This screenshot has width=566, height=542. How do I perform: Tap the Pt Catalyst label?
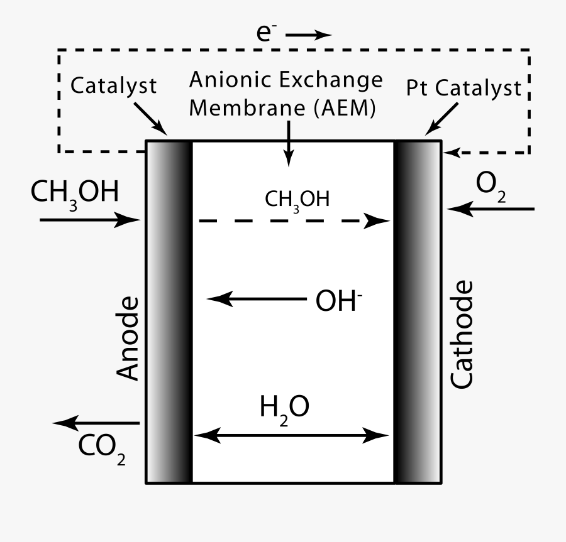coord(463,87)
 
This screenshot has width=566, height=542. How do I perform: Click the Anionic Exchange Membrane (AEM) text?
coord(286,94)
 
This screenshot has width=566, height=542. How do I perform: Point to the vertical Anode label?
coord(128,339)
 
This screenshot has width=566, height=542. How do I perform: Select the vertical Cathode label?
coord(462,335)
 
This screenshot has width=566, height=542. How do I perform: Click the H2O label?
coord(284,409)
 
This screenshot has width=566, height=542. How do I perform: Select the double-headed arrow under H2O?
coord(290,435)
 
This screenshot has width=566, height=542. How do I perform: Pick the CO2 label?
coord(101,447)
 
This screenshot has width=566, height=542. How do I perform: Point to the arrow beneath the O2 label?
coord(491,209)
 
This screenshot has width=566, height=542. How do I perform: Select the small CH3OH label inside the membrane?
coord(297,200)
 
